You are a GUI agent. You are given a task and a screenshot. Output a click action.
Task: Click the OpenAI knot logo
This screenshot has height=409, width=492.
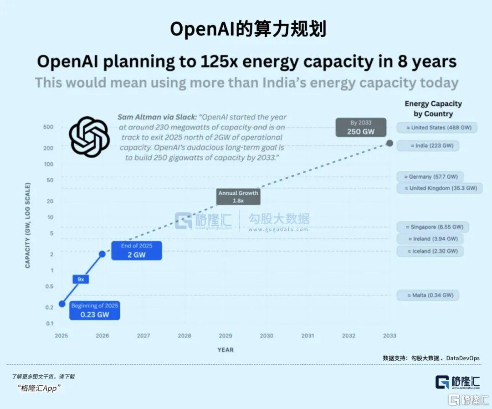89,137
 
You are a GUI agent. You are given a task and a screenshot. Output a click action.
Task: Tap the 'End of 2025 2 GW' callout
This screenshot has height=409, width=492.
137,250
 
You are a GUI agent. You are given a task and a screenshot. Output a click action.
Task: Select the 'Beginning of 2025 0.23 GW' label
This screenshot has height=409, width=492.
95,310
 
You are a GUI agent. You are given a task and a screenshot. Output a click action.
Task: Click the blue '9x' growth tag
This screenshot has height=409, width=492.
81,279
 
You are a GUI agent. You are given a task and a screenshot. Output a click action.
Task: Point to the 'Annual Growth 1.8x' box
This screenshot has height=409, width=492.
238,197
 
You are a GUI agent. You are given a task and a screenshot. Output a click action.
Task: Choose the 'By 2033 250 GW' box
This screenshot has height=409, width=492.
361,127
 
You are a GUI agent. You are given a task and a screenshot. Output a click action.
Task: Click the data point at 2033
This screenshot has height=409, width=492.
389,143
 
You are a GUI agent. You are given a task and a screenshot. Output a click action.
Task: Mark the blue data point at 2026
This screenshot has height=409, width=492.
102,254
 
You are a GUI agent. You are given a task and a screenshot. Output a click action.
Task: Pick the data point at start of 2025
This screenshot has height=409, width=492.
61,304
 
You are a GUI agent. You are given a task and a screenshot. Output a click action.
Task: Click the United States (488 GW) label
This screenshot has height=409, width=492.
437,128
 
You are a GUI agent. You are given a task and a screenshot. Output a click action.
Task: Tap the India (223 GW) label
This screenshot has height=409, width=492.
428,146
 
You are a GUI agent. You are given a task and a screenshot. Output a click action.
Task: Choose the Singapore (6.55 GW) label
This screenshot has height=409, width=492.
433,227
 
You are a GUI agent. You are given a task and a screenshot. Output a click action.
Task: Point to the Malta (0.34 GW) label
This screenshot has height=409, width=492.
427,295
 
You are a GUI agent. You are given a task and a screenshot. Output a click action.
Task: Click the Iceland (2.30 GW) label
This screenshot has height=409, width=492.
430,251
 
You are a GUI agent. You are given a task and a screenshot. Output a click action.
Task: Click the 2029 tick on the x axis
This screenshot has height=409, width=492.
225,336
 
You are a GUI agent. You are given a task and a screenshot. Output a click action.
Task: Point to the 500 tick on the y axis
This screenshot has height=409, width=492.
48,127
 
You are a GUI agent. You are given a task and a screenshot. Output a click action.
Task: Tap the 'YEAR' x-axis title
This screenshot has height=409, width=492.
225,350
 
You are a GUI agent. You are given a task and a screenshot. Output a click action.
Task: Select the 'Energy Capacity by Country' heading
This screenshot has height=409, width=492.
433,109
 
